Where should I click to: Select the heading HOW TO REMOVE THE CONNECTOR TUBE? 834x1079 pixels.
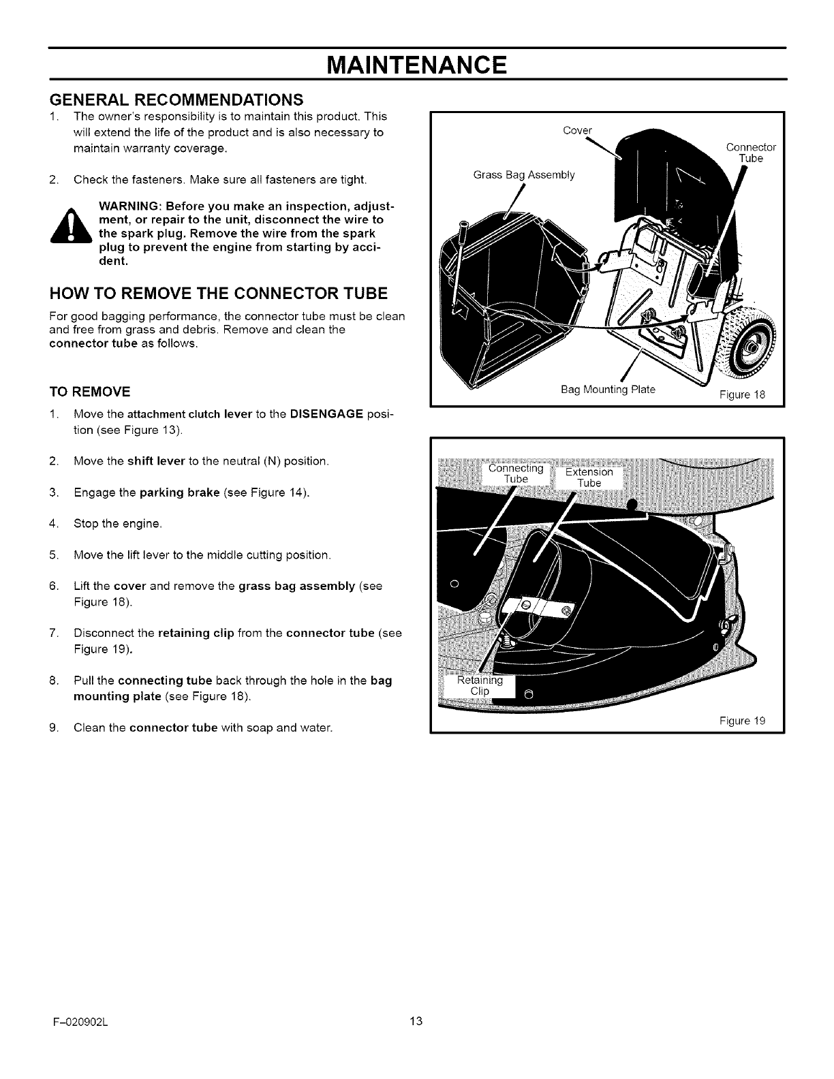click(x=219, y=294)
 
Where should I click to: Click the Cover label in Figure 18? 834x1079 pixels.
click(x=578, y=131)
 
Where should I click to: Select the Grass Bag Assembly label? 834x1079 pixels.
click(x=523, y=175)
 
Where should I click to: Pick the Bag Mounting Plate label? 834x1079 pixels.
click(x=608, y=390)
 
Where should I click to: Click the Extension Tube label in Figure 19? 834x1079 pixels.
click(x=589, y=478)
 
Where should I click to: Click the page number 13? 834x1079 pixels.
click(x=416, y=1020)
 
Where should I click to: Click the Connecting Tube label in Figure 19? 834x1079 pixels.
click(x=516, y=473)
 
